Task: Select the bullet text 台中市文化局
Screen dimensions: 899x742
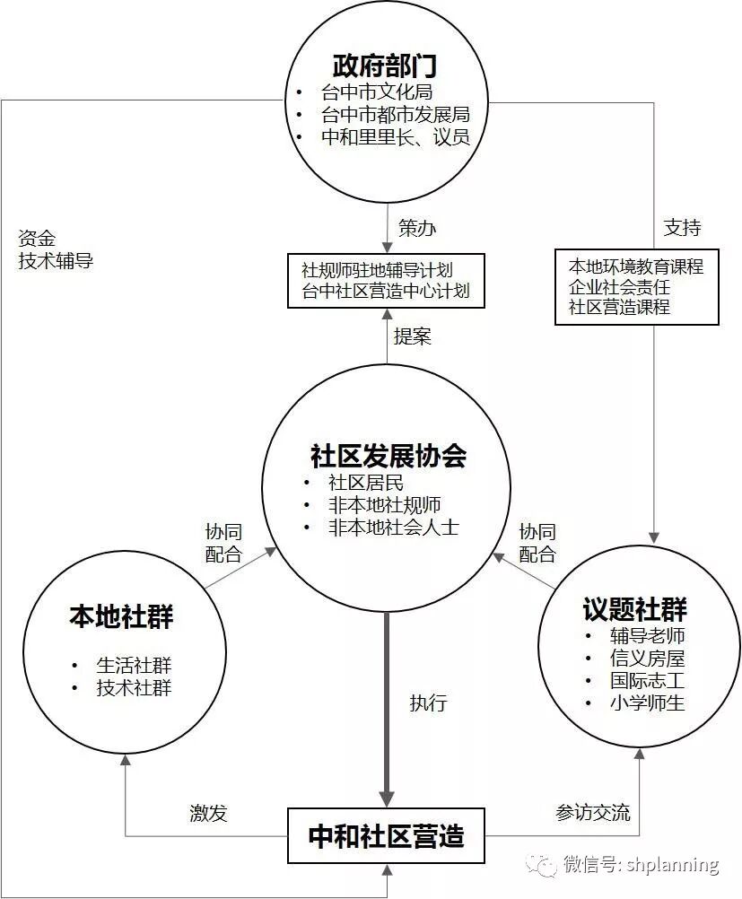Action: coord(377,92)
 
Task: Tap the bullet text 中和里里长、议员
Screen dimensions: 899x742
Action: coord(395,138)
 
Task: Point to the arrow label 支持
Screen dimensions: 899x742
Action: coord(682,228)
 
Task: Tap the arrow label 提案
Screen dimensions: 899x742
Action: coord(413,336)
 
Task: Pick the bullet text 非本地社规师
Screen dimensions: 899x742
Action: coord(384,505)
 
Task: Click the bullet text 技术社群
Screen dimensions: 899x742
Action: coord(134,688)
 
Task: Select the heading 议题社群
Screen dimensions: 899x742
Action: coord(634,610)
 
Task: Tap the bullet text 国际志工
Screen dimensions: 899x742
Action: coord(648,680)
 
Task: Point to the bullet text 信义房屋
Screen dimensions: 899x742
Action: coord(648,659)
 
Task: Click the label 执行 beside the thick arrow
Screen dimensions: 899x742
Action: coord(428,703)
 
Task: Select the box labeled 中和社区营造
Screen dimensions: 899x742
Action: coord(386,836)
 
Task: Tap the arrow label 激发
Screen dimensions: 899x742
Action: coord(208,814)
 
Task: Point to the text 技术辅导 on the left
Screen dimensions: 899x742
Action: coord(56,261)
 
